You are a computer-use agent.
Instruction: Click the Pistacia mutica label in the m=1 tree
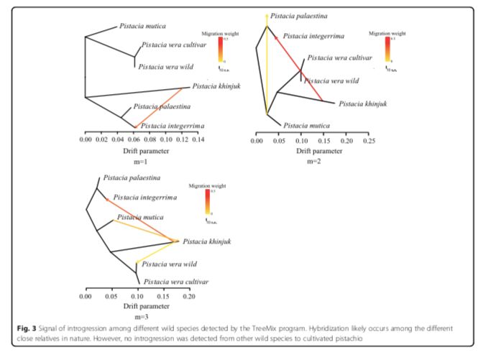tap(141, 27)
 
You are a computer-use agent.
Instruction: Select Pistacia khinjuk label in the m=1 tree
tap(216, 88)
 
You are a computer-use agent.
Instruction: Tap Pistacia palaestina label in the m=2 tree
tap(298, 14)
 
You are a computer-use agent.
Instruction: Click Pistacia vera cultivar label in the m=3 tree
tap(176, 282)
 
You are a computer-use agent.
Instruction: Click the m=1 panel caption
tap(141, 162)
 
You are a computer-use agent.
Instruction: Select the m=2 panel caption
tap(313, 161)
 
